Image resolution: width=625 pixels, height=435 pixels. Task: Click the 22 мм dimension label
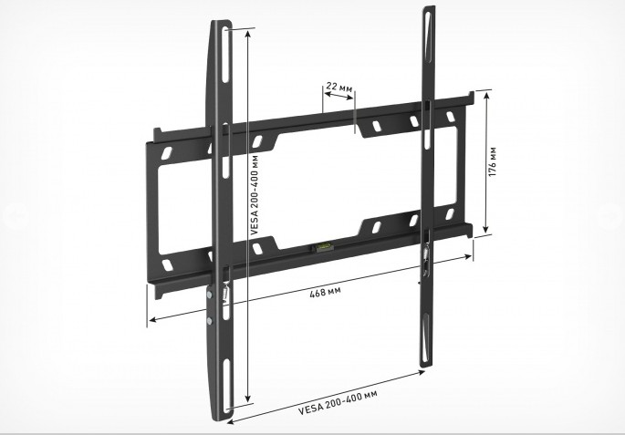tap(339, 87)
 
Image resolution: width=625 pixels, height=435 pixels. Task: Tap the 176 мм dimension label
tap(493, 161)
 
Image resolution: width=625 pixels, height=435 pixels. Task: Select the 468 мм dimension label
tap(325, 292)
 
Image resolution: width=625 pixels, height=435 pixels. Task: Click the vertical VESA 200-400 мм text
tap(255, 195)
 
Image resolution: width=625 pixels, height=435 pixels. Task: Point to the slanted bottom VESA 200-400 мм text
tap(338, 402)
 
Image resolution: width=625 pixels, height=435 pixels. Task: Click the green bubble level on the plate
tap(322, 247)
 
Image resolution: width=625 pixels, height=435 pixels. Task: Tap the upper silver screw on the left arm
tap(209, 295)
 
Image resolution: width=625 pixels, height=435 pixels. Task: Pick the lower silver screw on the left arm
tap(210, 321)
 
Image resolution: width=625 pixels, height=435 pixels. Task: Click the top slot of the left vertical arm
tap(225, 55)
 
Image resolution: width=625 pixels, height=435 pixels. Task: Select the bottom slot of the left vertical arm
tap(226, 385)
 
